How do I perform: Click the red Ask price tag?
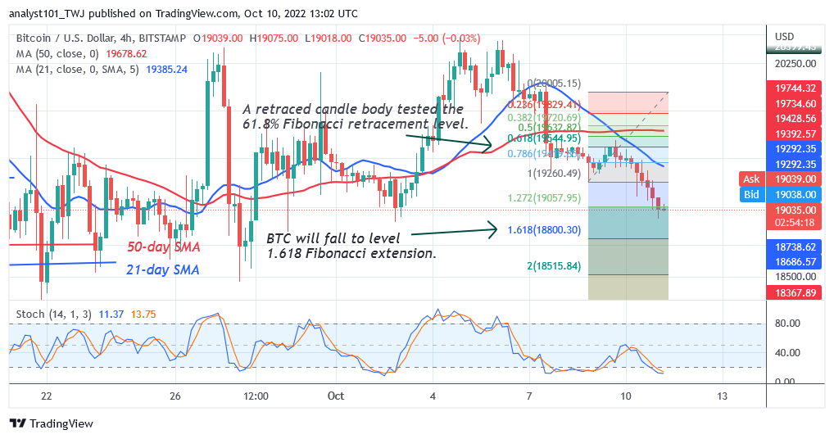coord(751,179)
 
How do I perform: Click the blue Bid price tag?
coord(751,195)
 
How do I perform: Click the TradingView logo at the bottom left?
coord(51,423)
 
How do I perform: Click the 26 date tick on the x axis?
coord(175,396)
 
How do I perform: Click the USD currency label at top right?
coord(785,36)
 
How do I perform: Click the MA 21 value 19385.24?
coord(167,69)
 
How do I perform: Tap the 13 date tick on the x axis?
coord(720,396)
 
